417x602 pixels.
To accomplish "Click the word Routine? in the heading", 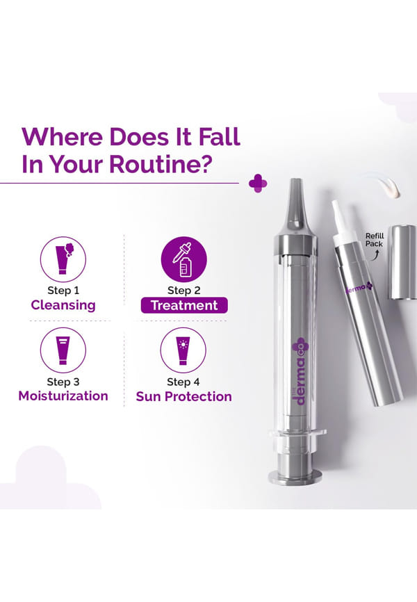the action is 161,164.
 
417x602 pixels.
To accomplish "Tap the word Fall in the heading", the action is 220,136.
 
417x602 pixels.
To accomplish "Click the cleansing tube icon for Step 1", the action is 63,259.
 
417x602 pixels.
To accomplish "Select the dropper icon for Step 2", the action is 184,259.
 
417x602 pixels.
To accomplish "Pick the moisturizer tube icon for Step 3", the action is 63,350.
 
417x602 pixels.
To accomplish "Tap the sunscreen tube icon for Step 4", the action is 183,350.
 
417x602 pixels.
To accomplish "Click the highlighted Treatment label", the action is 184,305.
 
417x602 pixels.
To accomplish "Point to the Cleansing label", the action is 63,305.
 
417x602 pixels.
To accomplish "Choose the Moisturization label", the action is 63,396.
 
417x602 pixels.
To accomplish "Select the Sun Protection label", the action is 184,396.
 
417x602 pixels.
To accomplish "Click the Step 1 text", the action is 63,291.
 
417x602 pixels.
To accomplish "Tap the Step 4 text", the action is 183,382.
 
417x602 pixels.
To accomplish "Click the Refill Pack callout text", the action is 375,240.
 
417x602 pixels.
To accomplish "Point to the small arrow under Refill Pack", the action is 376,255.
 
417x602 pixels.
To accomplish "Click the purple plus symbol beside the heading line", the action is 258,184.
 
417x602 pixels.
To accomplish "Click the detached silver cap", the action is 404,262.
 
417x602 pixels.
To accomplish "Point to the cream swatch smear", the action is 385,186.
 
